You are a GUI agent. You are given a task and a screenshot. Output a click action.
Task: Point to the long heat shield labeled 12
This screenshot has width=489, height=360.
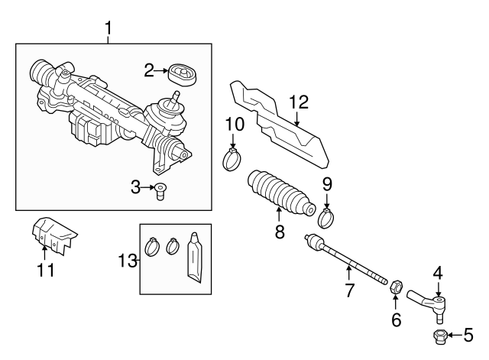[x=283, y=127]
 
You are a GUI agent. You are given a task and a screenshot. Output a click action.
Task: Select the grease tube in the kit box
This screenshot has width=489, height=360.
[x=196, y=258]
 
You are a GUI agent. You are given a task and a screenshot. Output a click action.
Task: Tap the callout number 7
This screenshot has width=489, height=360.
[x=349, y=290]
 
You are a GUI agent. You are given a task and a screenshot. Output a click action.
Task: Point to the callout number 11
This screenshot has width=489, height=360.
[x=46, y=269]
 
